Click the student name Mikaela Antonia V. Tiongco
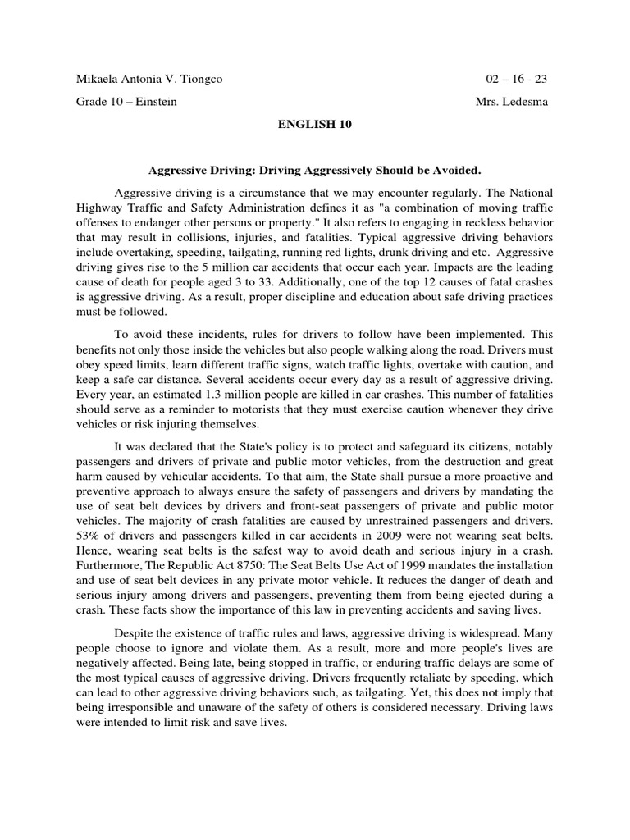coord(148,80)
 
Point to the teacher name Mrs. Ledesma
coord(511,102)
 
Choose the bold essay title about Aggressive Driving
coord(314,171)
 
